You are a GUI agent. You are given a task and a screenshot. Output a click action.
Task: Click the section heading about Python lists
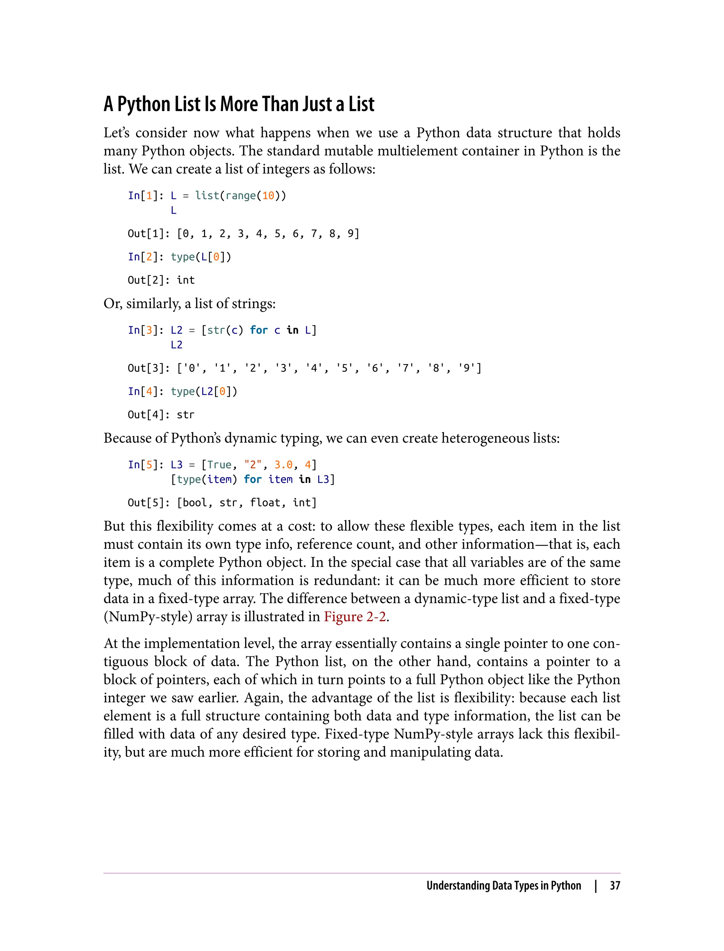tap(239, 104)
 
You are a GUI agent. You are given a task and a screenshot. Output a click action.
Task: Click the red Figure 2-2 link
tap(355, 616)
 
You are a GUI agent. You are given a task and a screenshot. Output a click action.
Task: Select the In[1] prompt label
tap(144, 196)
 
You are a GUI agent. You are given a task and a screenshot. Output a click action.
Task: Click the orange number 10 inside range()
tap(268, 196)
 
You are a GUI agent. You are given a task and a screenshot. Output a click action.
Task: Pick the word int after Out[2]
tap(186, 280)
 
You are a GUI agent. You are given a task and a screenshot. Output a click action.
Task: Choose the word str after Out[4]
tap(186, 415)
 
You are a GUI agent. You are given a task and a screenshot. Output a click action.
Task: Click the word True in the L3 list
tap(219, 465)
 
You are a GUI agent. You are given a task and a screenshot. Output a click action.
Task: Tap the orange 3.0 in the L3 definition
tap(284, 465)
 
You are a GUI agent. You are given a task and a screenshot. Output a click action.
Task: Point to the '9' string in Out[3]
tap(467, 368)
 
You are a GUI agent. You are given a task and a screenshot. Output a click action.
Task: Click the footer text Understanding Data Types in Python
tap(503, 886)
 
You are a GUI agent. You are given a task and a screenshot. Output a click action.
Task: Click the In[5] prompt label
tap(144, 465)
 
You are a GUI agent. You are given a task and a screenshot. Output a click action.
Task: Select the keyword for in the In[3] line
tap(258, 330)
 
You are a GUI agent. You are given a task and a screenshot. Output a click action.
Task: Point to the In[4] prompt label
tap(144, 392)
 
